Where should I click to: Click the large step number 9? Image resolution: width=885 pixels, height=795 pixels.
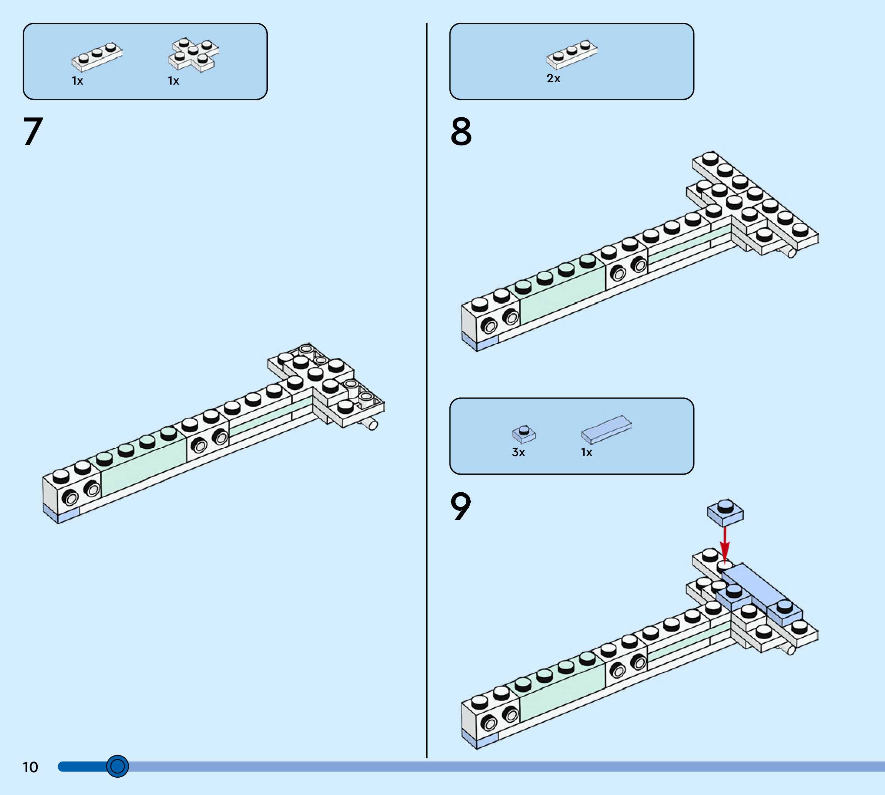coord(460,506)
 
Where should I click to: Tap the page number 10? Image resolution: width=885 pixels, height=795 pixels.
coord(30,767)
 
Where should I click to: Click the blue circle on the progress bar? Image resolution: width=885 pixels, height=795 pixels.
coord(117,766)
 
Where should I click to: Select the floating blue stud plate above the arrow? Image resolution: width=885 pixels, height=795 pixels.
coord(725,512)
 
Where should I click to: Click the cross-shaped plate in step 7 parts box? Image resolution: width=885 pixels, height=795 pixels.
coord(193,55)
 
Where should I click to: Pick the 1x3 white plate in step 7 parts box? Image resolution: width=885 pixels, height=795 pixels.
coord(97,57)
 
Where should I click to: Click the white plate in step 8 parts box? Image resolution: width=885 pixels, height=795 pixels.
coord(572,54)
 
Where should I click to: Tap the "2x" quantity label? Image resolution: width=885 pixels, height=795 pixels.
coord(553,78)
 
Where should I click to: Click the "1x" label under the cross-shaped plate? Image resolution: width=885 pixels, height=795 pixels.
coord(174,81)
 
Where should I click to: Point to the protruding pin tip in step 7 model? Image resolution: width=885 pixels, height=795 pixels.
coord(372,424)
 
